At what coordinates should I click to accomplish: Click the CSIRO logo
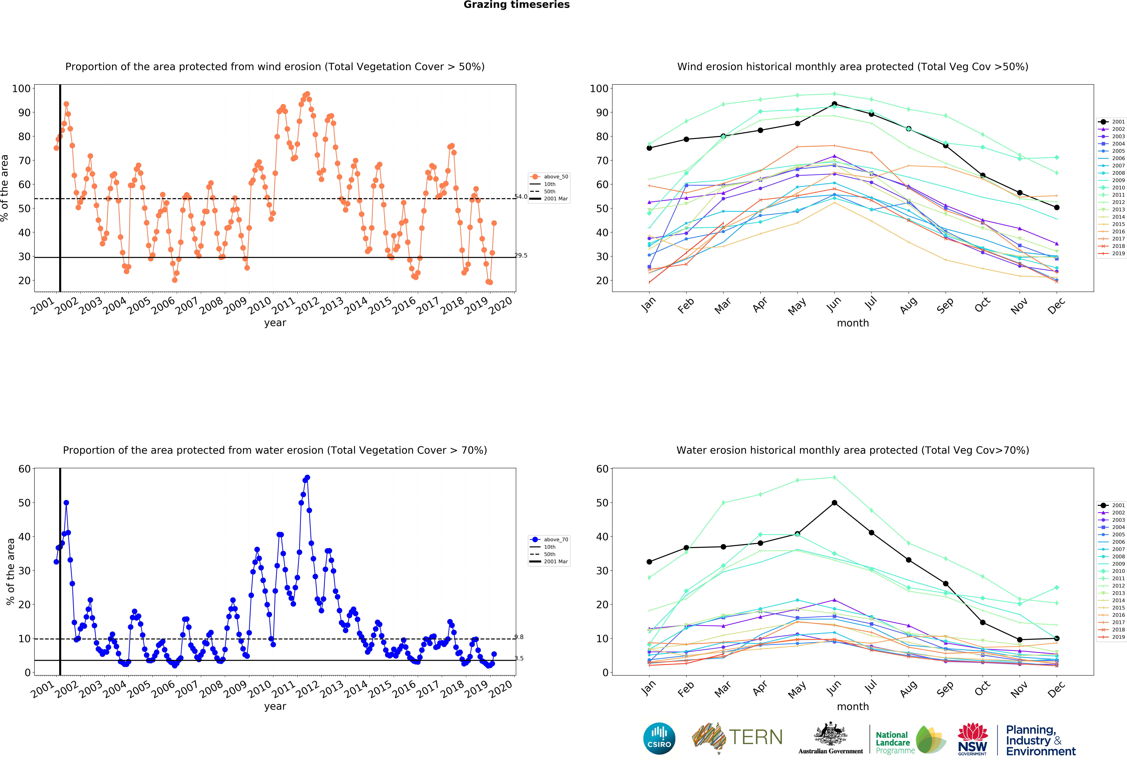659,738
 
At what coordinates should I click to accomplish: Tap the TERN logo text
756,737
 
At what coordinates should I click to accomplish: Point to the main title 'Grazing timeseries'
516,5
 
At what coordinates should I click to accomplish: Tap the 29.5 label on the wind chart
521,256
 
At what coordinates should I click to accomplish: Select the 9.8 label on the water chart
519,637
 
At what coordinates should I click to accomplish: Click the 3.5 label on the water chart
519,658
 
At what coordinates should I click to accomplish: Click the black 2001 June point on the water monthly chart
834,503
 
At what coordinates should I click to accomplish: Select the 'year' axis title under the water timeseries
275,706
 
